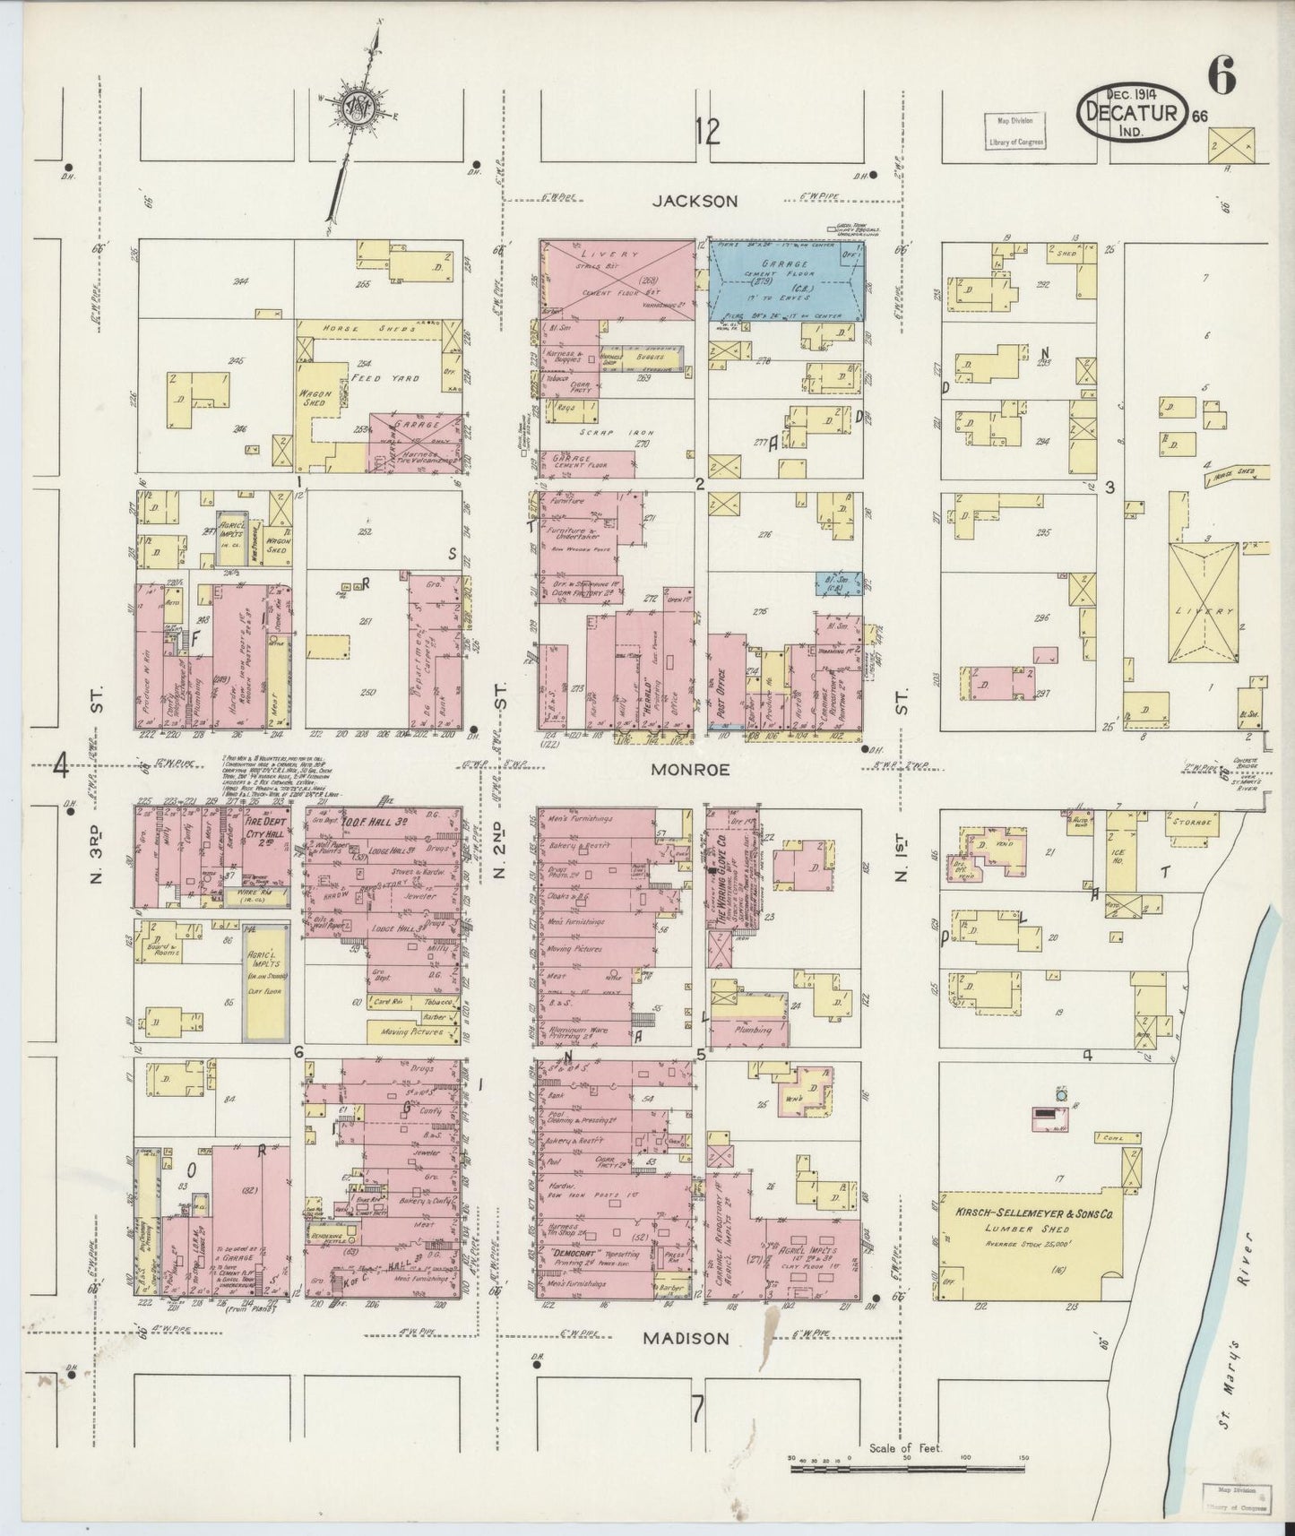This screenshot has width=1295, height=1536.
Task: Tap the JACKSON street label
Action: pyautogui.click(x=695, y=202)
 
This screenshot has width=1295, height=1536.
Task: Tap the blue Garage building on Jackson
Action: pyautogui.click(x=787, y=280)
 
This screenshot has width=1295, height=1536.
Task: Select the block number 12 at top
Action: pyautogui.click(x=706, y=133)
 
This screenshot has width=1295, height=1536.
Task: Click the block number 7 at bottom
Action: pyautogui.click(x=696, y=1414)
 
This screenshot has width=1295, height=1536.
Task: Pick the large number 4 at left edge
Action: pyautogui.click(x=62, y=766)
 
